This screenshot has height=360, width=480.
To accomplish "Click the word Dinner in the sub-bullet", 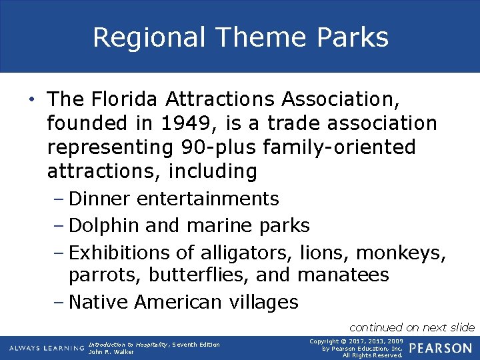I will pyautogui.click(x=101, y=199).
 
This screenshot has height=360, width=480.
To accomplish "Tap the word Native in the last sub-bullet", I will pyautogui.click(x=99, y=302).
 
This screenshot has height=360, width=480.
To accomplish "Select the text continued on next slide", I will pyautogui.click(x=412, y=327).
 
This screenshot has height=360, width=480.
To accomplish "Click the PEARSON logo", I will pyautogui.click(x=441, y=349).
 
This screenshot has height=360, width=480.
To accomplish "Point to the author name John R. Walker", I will pyautogui.click(x=111, y=352).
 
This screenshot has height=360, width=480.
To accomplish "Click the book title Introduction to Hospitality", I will pyautogui.click(x=128, y=344).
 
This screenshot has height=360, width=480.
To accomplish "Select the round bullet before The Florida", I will pyautogui.click(x=31, y=101).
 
